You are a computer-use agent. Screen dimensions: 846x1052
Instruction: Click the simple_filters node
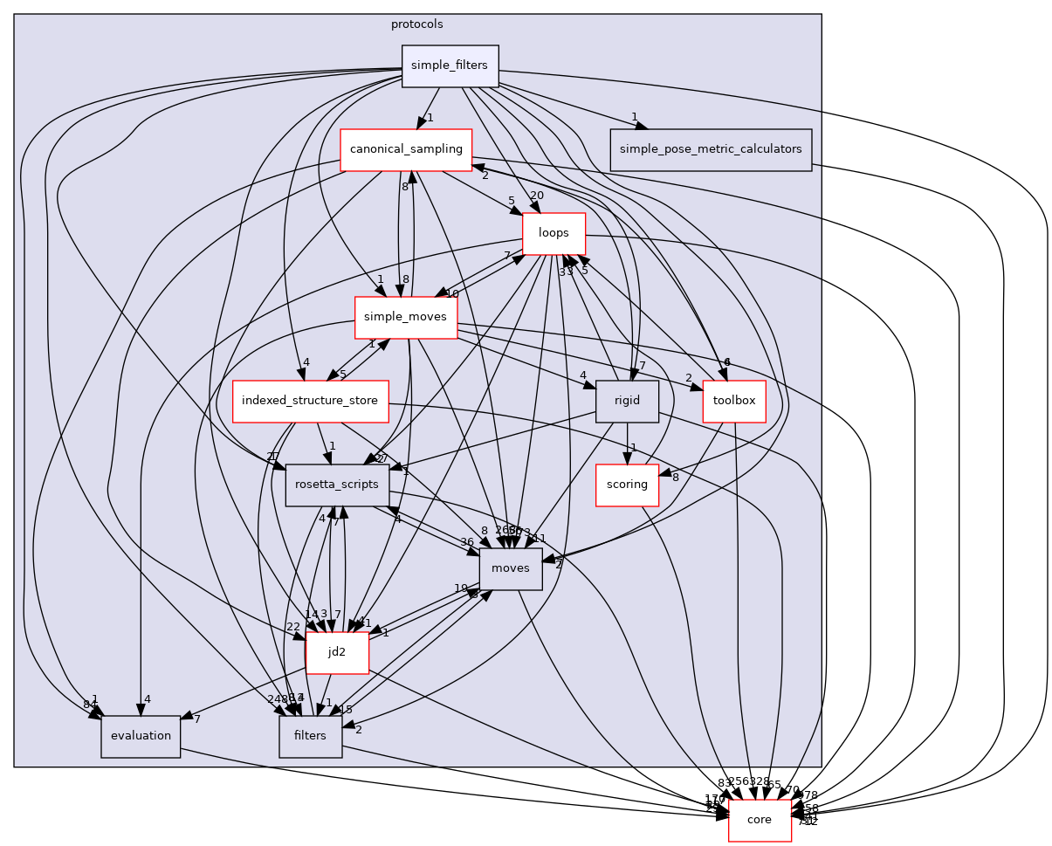point(450,66)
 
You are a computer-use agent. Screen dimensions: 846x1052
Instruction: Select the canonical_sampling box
point(406,149)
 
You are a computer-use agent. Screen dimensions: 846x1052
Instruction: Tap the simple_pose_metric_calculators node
point(711,149)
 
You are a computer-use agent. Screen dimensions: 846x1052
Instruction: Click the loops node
point(554,233)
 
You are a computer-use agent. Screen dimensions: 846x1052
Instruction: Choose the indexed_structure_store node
point(310,402)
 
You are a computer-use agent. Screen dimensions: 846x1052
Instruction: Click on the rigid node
point(627,402)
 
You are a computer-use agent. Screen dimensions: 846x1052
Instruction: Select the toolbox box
point(734,402)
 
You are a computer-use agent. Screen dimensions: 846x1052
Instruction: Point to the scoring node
point(627,485)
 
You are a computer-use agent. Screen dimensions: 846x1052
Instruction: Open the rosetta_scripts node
point(337,485)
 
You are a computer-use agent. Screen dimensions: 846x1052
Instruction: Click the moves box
point(511,569)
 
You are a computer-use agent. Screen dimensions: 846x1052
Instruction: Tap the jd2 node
point(337,652)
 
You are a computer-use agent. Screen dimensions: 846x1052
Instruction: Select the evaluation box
point(141,736)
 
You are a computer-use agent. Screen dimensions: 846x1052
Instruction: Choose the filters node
point(310,736)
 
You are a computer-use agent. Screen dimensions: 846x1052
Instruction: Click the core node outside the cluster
point(760,820)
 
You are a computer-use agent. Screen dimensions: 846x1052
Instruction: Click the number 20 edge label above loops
point(536,195)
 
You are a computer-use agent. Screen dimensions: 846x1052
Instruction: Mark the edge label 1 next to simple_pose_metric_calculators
point(635,118)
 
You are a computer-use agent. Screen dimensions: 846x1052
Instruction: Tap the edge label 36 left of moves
point(467,542)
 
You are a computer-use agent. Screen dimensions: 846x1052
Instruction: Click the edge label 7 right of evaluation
point(198,719)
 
